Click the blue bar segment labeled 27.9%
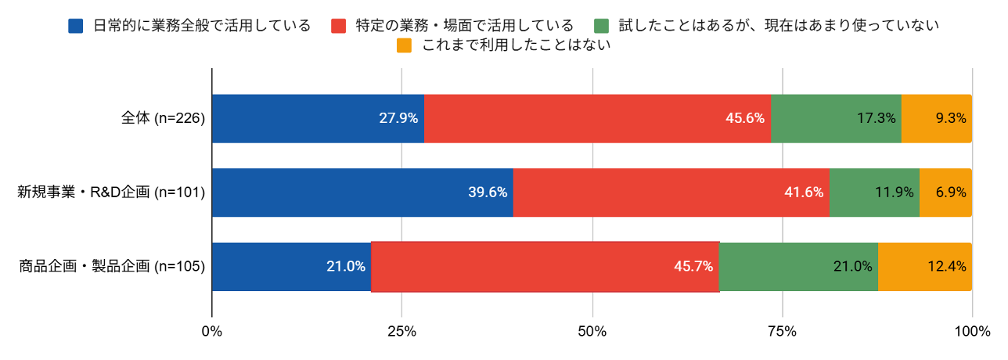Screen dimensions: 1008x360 coord(319,119)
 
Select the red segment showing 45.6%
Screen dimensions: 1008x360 coord(598,119)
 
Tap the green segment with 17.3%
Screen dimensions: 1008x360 coord(837,119)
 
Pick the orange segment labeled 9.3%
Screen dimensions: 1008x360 coord(937,119)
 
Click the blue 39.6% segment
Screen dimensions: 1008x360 coord(362,193)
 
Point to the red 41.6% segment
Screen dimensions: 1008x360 coord(671,193)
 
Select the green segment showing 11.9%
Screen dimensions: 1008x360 coord(875,193)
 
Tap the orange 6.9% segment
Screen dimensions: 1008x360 coord(946,193)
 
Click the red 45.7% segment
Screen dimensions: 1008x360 coord(545,267)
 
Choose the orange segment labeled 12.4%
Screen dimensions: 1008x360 coord(925,267)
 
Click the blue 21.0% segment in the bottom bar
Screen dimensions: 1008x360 coord(292,267)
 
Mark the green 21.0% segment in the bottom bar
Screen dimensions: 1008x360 coord(799,267)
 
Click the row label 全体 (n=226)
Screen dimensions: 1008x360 coord(163,118)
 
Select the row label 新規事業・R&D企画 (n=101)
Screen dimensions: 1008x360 coord(111,193)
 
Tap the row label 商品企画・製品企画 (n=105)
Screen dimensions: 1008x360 coord(112,266)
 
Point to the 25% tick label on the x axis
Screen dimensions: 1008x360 coord(401,332)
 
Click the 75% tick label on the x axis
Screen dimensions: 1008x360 coord(783,332)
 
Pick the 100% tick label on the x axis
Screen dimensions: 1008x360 coord(973,332)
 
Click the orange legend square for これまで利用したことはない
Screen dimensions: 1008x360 coord(404,45)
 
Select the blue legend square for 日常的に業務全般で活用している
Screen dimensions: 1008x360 coord(76,26)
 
